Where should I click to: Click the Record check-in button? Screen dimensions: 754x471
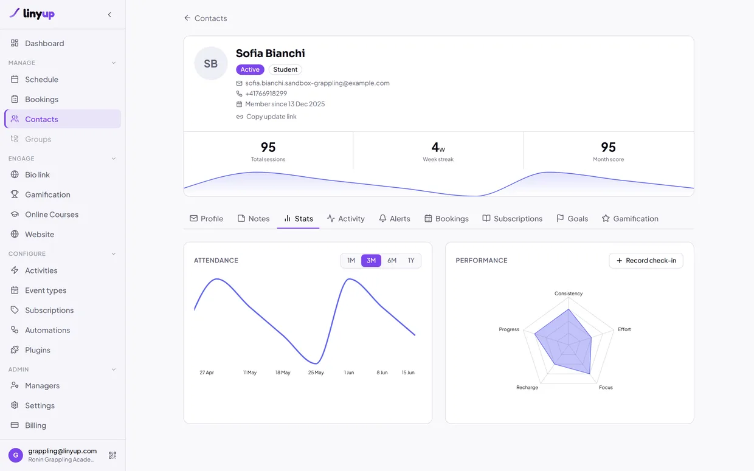(646, 260)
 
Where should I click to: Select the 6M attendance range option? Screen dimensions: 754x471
(392, 260)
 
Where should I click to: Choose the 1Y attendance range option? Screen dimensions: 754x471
(411, 260)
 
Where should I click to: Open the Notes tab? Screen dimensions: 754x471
(254, 219)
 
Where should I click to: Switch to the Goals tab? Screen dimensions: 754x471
(572, 219)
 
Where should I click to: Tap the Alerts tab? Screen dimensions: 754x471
(395, 219)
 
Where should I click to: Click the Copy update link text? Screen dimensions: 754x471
(271, 117)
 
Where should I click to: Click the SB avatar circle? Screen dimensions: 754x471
(211, 64)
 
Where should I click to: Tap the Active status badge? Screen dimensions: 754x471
(250, 69)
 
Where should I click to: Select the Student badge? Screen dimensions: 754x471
(285, 69)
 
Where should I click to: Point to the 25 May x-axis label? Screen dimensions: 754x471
(316, 373)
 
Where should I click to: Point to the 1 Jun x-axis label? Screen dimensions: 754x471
(349, 373)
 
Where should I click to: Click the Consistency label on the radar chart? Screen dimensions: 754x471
(569, 294)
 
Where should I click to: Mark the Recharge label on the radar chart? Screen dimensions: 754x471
(527, 387)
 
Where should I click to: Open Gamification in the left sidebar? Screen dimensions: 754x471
(47, 194)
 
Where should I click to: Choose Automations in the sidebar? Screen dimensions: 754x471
(47, 330)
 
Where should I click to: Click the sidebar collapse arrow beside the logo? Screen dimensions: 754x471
(109, 15)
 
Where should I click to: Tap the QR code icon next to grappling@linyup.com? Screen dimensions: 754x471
(112, 455)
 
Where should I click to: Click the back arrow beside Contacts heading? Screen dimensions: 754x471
(187, 18)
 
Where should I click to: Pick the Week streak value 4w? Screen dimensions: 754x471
(438, 147)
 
